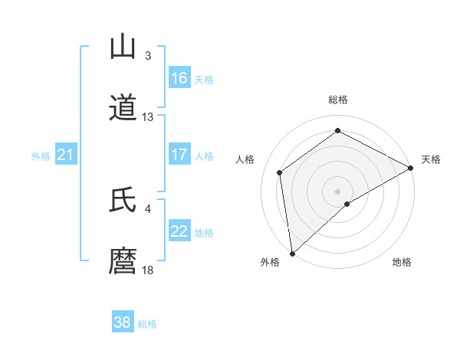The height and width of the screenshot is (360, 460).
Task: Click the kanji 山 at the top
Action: click(x=123, y=47)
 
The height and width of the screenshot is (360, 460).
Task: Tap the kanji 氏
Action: click(x=123, y=201)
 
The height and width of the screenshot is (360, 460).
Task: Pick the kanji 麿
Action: click(x=123, y=262)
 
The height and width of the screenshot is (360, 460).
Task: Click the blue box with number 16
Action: click(x=179, y=78)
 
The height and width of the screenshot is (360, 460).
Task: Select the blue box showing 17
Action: click(x=179, y=155)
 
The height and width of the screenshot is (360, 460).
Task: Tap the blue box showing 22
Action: click(x=179, y=231)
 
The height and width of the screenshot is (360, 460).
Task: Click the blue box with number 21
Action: click(x=66, y=155)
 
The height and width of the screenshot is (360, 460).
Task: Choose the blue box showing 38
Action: click(x=123, y=322)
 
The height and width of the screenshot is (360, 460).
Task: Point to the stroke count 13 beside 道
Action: click(x=148, y=117)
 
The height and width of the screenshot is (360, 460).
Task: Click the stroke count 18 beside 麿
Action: click(x=148, y=270)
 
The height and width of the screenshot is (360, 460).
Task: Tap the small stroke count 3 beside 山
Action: click(x=148, y=56)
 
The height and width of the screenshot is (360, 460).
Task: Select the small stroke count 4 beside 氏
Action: click(x=148, y=209)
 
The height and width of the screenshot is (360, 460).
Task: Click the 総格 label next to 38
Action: click(x=147, y=324)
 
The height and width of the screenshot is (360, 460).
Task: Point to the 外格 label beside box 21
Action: click(x=41, y=156)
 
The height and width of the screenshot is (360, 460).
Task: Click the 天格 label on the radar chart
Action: click(x=431, y=159)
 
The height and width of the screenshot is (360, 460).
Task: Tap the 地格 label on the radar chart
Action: click(x=402, y=262)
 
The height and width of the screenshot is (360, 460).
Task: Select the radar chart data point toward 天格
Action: click(x=411, y=168)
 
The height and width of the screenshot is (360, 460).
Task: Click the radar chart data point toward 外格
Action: click(x=292, y=254)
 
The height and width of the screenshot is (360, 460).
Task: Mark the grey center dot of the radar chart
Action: click(x=338, y=191)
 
